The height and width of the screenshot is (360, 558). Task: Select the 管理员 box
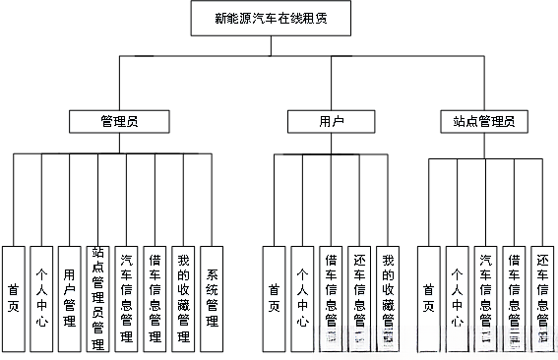pos(120,121)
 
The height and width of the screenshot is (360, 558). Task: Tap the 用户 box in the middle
pos(332,121)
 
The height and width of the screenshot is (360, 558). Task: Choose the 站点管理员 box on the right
pos(484,121)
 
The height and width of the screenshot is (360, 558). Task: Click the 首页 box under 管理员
pos(14,297)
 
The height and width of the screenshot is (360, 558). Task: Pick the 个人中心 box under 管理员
pos(40,297)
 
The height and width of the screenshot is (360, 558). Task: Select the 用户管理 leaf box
pos(69,297)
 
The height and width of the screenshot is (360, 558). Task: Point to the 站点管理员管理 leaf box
pos(97,297)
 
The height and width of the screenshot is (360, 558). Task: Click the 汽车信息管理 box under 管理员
pos(127,297)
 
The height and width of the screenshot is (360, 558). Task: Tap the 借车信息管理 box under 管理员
pos(155,297)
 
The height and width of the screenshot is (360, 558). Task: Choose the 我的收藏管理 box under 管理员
pos(184,297)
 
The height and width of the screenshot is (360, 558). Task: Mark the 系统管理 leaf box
pos(213,297)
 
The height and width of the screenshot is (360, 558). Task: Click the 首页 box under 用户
pos(274,297)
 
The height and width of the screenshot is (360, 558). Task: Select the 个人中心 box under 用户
pos(303,297)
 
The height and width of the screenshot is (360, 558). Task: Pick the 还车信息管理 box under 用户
pos(360,297)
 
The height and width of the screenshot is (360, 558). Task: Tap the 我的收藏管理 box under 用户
pos(390,297)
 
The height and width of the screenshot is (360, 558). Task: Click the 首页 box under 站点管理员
pos(429,297)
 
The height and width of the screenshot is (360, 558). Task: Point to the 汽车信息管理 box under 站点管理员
pos(486,297)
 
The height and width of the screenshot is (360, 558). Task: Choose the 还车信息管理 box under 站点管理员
pos(543,297)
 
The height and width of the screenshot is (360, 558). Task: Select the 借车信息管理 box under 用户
pos(332,297)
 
